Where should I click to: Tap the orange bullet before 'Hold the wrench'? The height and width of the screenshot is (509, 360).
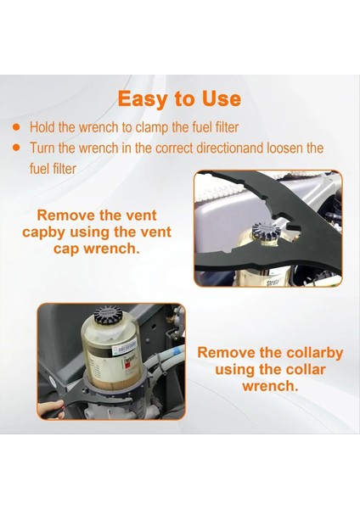coord(17,127)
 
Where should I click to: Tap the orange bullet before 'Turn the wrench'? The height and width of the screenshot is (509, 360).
coord(17,148)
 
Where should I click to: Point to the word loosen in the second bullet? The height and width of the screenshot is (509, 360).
coord(278,148)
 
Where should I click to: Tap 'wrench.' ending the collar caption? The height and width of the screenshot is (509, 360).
coord(270,385)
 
